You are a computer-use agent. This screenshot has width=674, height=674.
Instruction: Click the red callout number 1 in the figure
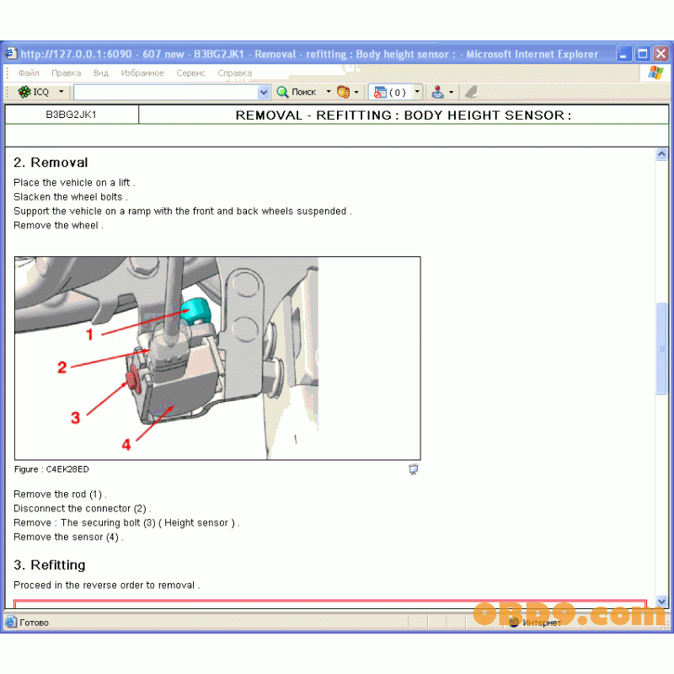pyautogui.click(x=89, y=334)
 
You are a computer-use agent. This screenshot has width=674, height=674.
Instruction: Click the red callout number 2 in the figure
pyautogui.click(x=62, y=367)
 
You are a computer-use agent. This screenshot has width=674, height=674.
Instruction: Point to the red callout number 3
pyautogui.click(x=75, y=417)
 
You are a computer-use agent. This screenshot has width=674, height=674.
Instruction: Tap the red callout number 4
pyautogui.click(x=126, y=444)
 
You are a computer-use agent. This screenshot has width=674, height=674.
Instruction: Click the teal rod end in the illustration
pyautogui.click(x=195, y=310)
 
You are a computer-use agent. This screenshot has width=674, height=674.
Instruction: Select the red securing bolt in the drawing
pyautogui.click(x=133, y=378)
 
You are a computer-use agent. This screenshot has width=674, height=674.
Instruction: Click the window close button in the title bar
pyautogui.click(x=661, y=54)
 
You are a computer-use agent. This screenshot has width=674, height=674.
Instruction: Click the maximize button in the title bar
pyautogui.click(x=643, y=54)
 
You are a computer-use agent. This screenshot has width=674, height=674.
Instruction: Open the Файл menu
pyautogui.click(x=29, y=73)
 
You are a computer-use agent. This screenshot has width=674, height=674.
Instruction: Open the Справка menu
pyautogui.click(x=235, y=73)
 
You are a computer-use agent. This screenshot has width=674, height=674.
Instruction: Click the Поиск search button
pyautogui.click(x=297, y=92)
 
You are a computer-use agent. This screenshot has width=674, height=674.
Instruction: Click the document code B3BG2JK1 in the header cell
pyautogui.click(x=71, y=115)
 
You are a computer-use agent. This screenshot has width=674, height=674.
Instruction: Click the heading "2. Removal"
pyautogui.click(x=51, y=162)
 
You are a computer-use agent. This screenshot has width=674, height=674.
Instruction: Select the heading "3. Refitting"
pyautogui.click(x=50, y=564)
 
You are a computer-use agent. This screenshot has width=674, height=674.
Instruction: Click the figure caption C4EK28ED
pyautogui.click(x=51, y=469)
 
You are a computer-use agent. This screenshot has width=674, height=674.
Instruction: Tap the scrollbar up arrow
pyautogui.click(x=661, y=154)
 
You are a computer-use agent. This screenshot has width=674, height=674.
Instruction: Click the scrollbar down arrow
pyautogui.click(x=661, y=602)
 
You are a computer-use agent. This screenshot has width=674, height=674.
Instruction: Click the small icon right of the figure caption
pyautogui.click(x=413, y=469)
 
